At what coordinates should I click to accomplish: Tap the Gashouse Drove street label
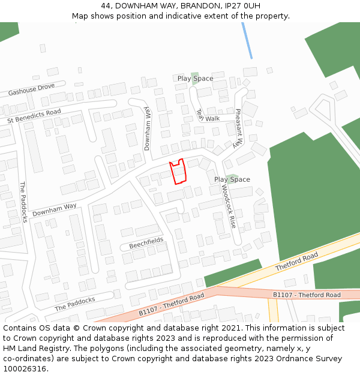click(x=31, y=90)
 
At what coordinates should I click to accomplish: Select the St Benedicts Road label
click(x=34, y=116)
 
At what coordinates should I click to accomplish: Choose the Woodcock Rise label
click(x=229, y=206)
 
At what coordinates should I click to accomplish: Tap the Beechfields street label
click(x=146, y=243)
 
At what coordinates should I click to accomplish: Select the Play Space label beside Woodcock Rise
click(x=232, y=179)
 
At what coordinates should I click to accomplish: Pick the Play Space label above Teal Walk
click(x=195, y=79)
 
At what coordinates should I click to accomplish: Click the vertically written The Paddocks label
click(x=23, y=202)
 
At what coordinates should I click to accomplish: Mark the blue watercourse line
click(x=247, y=40)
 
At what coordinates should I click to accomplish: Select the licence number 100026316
click(x=25, y=369)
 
